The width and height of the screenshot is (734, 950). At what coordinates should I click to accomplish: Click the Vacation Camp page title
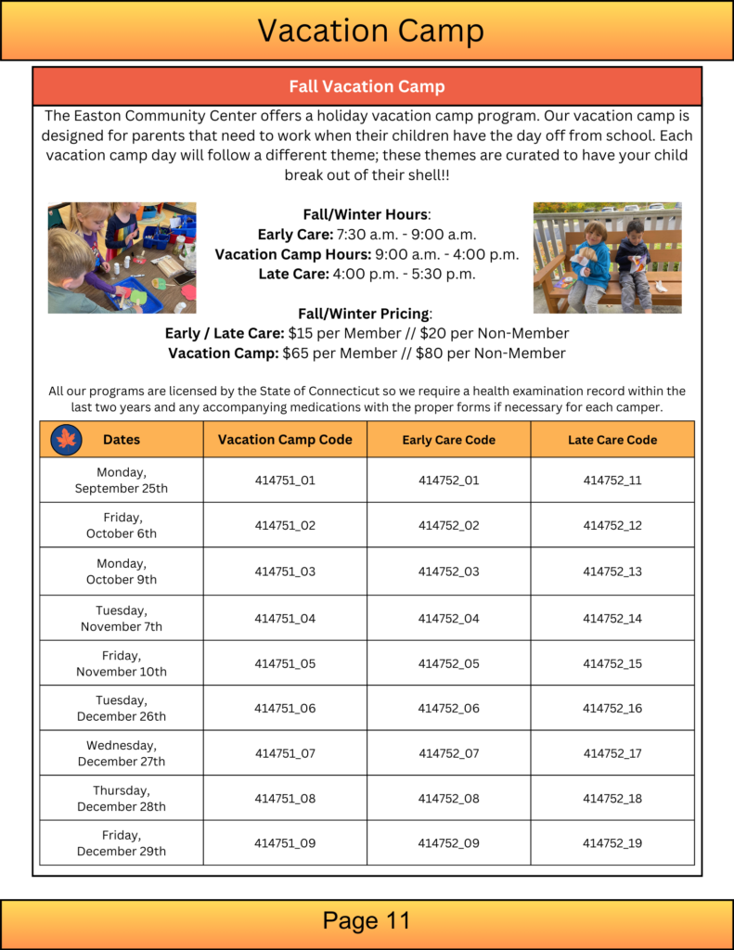[369, 31]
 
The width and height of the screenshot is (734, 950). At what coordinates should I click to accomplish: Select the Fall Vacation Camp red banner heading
[367, 86]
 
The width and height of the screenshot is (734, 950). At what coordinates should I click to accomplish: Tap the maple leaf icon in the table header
[67, 440]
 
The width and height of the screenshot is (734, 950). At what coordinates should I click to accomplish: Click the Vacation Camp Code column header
[285, 440]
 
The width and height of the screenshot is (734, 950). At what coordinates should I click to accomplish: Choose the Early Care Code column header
[448, 440]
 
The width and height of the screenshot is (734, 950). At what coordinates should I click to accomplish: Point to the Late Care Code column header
[612, 440]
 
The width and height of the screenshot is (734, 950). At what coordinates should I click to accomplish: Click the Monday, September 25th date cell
[122, 481]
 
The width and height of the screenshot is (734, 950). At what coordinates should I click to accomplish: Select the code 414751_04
[285, 618]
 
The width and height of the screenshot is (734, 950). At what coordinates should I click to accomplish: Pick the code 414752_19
[612, 843]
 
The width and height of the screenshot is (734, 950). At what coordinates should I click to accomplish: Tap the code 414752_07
[448, 753]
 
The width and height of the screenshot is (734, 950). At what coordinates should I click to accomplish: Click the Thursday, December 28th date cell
[122, 798]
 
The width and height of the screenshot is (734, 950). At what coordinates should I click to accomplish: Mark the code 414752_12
[612, 525]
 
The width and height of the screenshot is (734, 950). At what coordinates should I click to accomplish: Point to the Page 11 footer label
[367, 920]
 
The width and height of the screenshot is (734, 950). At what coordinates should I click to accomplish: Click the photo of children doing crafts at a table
[122, 258]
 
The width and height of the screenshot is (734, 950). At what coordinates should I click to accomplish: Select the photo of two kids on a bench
[607, 258]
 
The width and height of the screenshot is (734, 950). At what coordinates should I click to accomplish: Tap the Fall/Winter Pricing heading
[366, 314]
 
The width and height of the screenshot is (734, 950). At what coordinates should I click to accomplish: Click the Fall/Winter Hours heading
[367, 214]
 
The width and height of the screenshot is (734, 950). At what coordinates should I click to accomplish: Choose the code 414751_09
[285, 843]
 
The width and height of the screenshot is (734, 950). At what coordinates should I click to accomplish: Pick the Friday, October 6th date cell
[122, 525]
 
